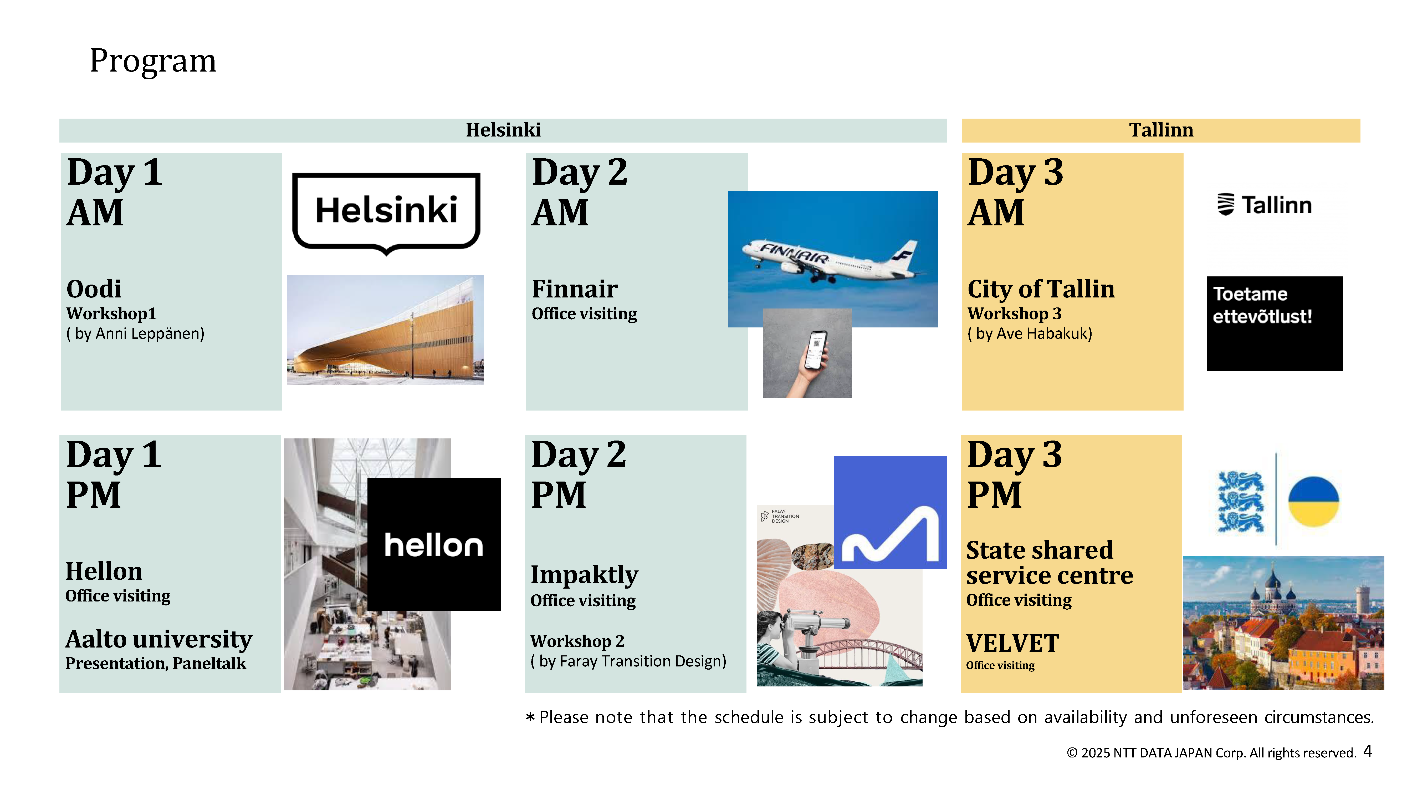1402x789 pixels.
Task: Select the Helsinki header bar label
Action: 503,130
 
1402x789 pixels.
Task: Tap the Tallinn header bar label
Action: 1161,130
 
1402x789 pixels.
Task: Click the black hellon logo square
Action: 434,544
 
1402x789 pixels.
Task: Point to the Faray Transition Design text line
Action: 629,661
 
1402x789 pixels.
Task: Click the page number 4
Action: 1367,751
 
